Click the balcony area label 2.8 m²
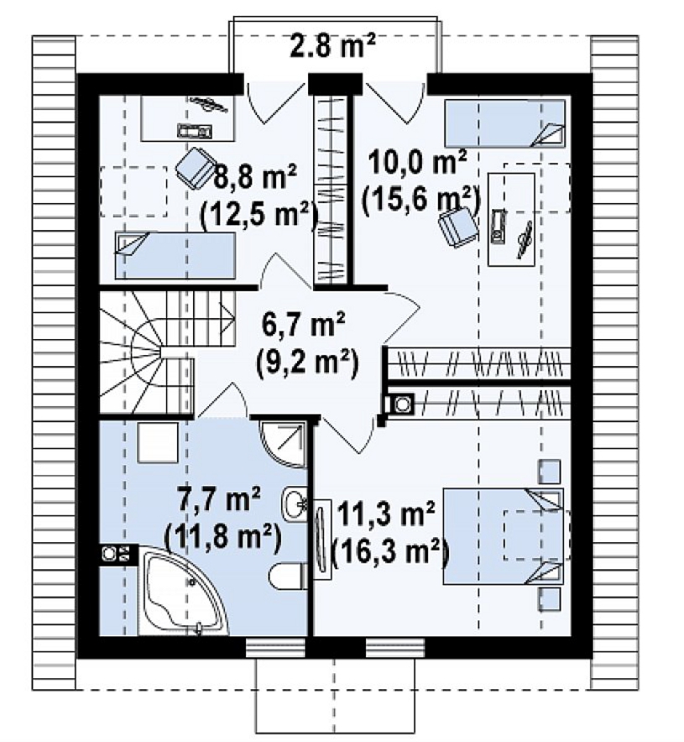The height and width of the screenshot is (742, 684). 332,46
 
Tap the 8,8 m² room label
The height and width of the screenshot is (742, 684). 255,176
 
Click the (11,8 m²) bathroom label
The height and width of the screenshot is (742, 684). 222,537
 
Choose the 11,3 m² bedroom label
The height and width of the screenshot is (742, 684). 385,515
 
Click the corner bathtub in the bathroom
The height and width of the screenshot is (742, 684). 183,591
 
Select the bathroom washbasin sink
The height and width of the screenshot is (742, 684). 295,503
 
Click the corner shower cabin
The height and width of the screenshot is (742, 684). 284,444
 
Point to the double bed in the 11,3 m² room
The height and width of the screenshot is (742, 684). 504,536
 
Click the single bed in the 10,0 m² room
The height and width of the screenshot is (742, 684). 504,123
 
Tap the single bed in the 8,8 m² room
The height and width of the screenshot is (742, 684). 175,254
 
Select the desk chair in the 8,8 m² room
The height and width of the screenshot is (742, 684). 195,167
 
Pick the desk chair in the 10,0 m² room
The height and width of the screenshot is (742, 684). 458,227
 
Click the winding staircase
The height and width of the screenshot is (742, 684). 161,353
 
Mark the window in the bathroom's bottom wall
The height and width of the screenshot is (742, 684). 276,648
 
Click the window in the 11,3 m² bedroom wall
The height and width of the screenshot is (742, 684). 395,648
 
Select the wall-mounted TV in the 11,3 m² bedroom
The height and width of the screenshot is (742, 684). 322,540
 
